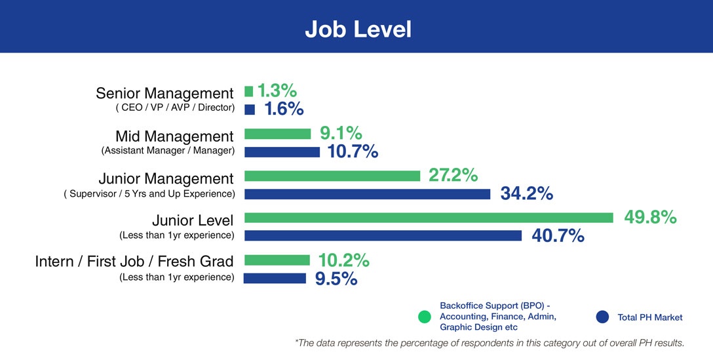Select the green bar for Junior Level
click(x=429, y=218)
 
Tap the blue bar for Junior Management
click(x=367, y=194)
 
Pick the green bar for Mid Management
click(x=277, y=134)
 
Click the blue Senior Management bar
click(x=250, y=110)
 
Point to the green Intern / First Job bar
click(x=277, y=260)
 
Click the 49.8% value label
click(x=650, y=217)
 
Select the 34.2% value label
click(x=527, y=193)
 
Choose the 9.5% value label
click(x=336, y=279)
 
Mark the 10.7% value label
click(x=352, y=151)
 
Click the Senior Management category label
click(x=164, y=94)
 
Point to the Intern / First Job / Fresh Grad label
click(x=134, y=262)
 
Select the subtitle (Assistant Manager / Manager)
click(x=168, y=151)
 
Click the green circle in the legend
click(x=425, y=317)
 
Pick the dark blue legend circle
click(x=602, y=317)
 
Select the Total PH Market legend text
click(x=650, y=317)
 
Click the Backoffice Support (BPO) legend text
click(x=498, y=316)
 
